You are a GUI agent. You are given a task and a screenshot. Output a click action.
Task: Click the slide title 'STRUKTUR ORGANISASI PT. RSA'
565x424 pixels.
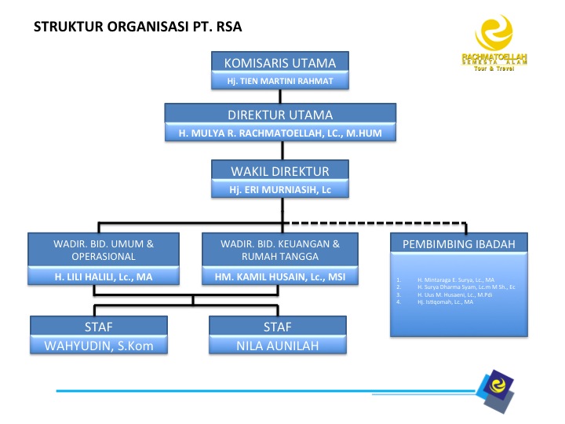pos(138,27)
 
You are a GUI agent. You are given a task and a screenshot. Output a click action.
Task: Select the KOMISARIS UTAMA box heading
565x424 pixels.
pos(280,63)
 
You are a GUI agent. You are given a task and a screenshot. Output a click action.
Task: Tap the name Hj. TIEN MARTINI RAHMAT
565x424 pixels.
pos(280,81)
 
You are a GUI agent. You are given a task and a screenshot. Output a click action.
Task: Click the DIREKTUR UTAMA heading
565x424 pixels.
pos(280,115)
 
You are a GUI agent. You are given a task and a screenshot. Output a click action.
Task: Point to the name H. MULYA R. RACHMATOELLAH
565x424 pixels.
pos(280,133)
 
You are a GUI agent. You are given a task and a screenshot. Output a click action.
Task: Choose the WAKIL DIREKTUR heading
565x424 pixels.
pos(280,170)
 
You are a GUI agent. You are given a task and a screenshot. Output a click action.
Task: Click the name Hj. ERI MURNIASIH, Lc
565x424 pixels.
pos(280,189)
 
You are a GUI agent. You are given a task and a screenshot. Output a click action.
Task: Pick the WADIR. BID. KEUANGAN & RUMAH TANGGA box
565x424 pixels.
pos(280,250)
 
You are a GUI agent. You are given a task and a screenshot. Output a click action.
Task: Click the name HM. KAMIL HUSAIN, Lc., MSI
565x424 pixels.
pos(280,277)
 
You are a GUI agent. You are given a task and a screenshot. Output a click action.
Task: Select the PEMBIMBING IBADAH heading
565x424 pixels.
pos(459,244)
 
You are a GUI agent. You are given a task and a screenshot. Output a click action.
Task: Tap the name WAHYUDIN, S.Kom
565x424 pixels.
pos(99,345)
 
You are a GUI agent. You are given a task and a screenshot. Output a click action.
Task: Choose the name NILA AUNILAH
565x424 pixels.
pos(278,345)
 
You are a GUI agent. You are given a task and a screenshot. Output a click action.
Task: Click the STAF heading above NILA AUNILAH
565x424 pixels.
pos(278,327)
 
